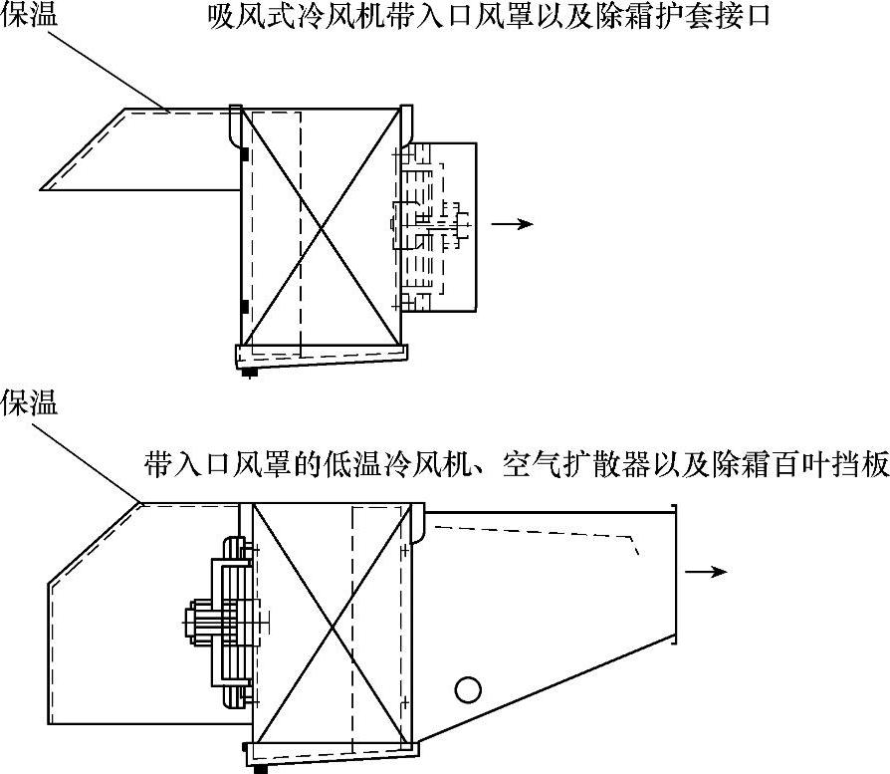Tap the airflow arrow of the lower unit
(708, 571)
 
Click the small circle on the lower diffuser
(467, 688)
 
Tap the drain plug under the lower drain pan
(261, 769)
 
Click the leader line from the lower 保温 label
(90, 458)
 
